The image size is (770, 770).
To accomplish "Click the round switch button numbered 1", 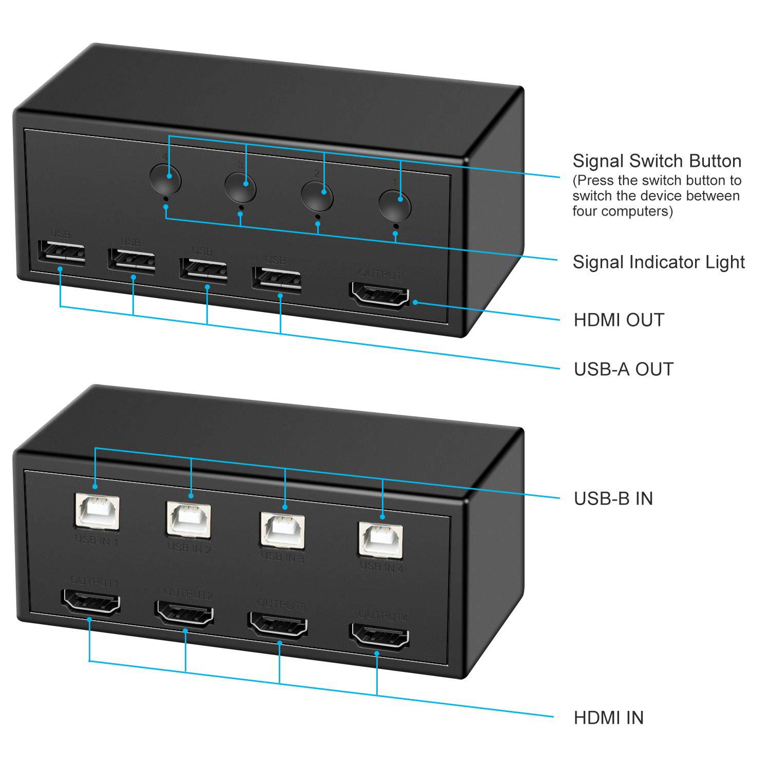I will [x=395, y=205].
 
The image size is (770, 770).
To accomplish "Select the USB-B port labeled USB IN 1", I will [x=98, y=510].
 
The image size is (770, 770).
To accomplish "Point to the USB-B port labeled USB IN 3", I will [x=283, y=528].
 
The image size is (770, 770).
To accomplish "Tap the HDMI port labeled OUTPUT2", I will [x=185, y=614].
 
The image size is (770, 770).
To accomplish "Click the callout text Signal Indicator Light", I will [x=659, y=262].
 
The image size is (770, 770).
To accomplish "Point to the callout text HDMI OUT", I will [x=619, y=320].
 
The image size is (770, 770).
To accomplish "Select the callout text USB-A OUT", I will [x=623, y=369].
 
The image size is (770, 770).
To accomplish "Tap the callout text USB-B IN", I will [x=613, y=498].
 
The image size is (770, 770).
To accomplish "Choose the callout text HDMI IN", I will [x=608, y=718].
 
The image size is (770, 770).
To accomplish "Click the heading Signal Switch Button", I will [x=657, y=161].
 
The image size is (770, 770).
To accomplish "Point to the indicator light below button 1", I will [x=396, y=225].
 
